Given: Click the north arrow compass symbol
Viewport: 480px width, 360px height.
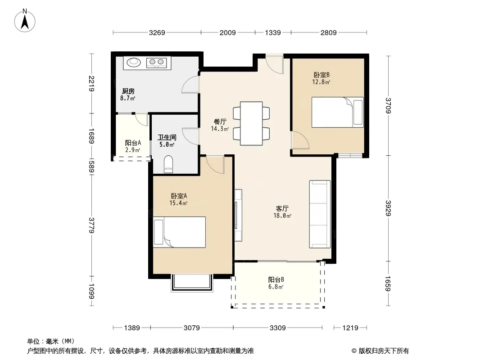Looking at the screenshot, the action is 25,20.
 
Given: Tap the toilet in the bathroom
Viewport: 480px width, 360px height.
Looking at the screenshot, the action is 168,165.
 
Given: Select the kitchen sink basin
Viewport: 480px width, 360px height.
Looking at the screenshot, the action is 134,62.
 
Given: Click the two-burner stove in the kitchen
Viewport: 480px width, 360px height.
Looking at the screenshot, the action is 156,63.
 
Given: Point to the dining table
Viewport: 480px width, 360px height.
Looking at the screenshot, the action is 251,123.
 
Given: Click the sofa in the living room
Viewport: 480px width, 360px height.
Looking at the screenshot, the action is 320,214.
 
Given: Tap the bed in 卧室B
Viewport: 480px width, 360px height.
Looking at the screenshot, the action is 338,112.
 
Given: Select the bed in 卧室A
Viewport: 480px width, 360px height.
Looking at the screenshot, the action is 179,232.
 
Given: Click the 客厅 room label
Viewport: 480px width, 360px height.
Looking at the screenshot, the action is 282,208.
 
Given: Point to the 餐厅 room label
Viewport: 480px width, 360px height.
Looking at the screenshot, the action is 220,122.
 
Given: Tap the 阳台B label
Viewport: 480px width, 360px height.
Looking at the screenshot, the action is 276,279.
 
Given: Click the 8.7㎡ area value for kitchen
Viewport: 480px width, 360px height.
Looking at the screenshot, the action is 127,98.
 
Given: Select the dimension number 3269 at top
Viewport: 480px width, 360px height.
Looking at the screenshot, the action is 157,32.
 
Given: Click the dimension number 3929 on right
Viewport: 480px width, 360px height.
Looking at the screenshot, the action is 388,208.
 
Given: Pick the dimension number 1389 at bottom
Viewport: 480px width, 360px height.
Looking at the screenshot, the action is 132,328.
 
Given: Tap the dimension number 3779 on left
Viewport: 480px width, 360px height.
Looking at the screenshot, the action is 91,225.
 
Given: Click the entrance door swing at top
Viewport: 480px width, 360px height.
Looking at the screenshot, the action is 275,64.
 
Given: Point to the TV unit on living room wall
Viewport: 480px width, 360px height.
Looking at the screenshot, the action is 238,216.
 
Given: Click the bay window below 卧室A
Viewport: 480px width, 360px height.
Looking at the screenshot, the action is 192,283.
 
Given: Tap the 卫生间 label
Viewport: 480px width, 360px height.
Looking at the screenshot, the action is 167,137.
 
